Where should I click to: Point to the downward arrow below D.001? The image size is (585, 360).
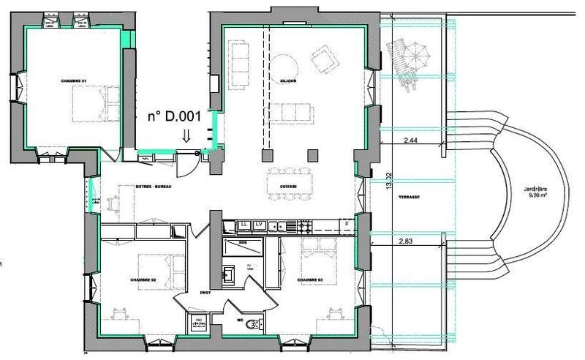point(186,135)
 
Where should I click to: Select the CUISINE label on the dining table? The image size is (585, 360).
point(287,187)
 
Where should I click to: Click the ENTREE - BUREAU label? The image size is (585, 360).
point(153,188)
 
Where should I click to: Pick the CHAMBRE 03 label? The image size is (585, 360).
point(311,280)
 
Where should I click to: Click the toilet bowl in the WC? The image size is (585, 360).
point(253,322)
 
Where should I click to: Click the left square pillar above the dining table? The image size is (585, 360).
point(266,155)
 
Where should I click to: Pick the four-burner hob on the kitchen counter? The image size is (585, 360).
point(289,225)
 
